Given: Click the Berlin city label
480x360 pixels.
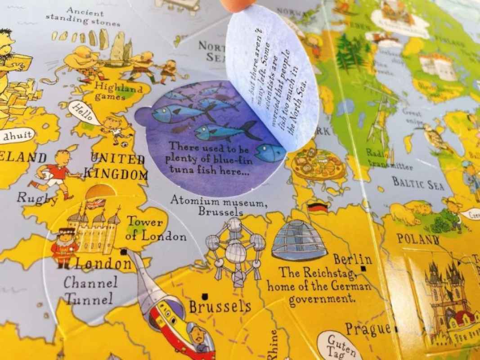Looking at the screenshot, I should tap(353, 260).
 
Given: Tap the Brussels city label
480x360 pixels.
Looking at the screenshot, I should tap(220, 307).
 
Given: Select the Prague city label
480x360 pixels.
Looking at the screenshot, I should tap(368, 328).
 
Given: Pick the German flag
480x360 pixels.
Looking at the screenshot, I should tap(317, 208).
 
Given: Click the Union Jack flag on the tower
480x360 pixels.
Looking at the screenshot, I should tap(95, 204).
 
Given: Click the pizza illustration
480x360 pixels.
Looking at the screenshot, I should tap(318, 165).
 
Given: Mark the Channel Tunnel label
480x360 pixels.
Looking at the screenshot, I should tap(89, 291).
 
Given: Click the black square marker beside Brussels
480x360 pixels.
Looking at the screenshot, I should tap(205, 296).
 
